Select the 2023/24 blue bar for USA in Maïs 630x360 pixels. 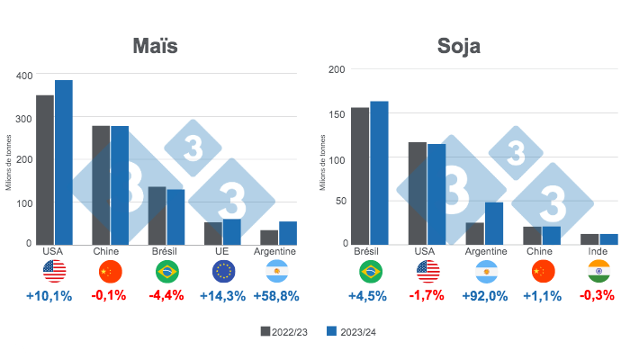63,162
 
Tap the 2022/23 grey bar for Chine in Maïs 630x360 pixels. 101,184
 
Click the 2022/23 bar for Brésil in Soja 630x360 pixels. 360,175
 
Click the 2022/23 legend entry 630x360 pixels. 283,331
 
